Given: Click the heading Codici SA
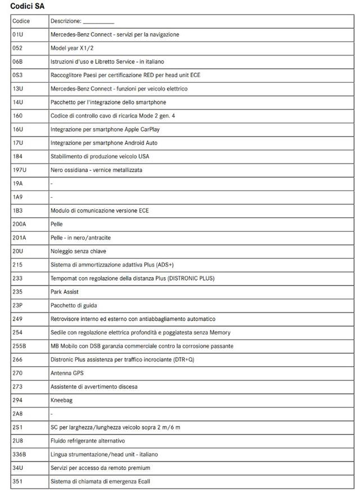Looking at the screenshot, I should (27, 6).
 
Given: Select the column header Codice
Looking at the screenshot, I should (21, 21).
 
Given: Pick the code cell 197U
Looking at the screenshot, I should (20, 170).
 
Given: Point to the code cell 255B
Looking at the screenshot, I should (20, 346).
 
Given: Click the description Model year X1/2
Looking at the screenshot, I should (72, 48).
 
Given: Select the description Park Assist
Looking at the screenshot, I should (65, 292).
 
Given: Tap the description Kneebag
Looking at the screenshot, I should (61, 400).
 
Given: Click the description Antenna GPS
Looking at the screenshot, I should (67, 373).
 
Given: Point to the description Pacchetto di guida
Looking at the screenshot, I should (73, 305).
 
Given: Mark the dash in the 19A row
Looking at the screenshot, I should (52, 183).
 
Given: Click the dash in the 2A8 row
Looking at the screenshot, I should (52, 414).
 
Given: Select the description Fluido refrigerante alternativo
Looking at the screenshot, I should (88, 441).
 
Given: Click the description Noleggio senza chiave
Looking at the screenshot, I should (78, 251).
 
